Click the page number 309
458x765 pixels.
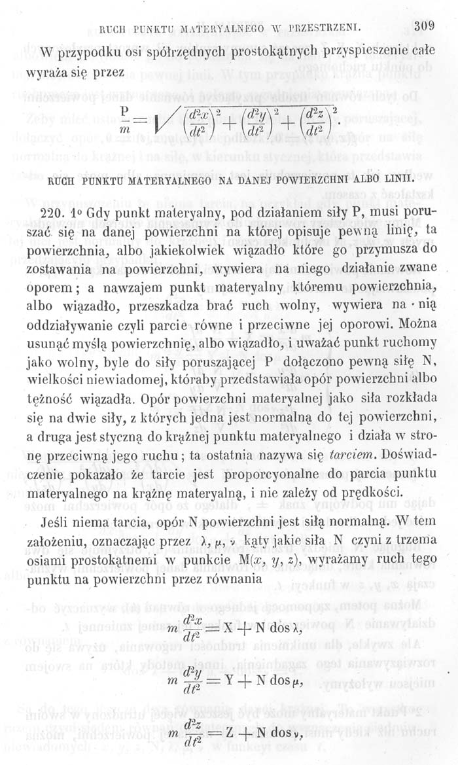click(x=424, y=27)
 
